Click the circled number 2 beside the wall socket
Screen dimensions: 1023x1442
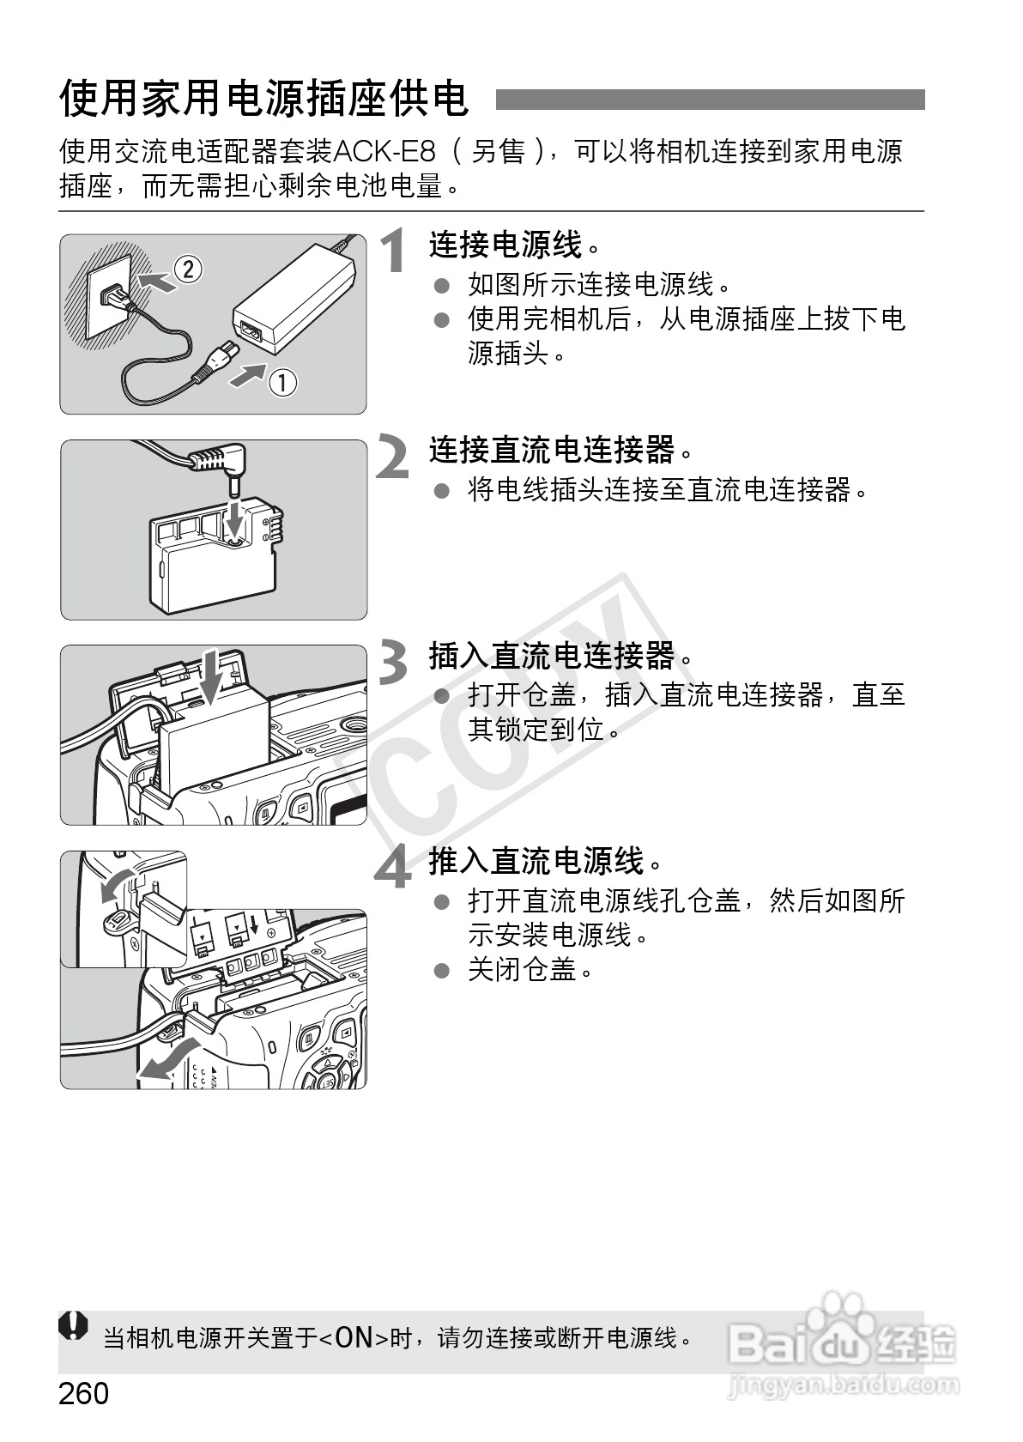coord(188,269)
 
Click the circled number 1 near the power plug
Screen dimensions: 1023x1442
coord(282,383)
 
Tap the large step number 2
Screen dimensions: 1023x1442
coord(391,457)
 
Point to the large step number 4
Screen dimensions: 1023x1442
coord(393,867)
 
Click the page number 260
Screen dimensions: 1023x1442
coord(84,1394)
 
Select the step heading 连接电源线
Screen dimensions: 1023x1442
coord(506,245)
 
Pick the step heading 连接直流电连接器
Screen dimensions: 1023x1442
coord(553,450)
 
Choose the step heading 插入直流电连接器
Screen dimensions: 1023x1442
coord(553,656)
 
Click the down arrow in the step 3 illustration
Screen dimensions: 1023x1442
coord(210,677)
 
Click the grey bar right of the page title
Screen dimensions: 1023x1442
coord(710,100)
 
